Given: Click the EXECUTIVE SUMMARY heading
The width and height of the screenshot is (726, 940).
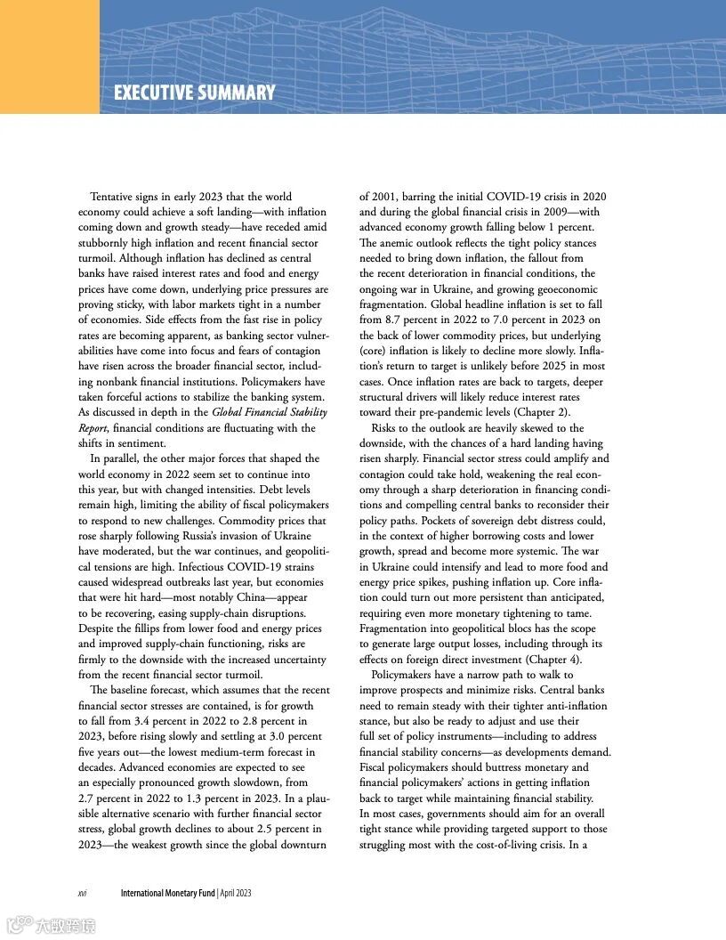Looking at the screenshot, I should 194,93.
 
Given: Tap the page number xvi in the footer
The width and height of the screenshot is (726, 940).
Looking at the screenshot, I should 82,893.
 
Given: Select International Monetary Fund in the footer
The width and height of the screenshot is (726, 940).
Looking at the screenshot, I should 168,893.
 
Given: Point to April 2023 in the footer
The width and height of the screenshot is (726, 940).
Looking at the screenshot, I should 235,893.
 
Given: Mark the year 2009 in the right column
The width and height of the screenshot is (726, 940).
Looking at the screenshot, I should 538,212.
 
